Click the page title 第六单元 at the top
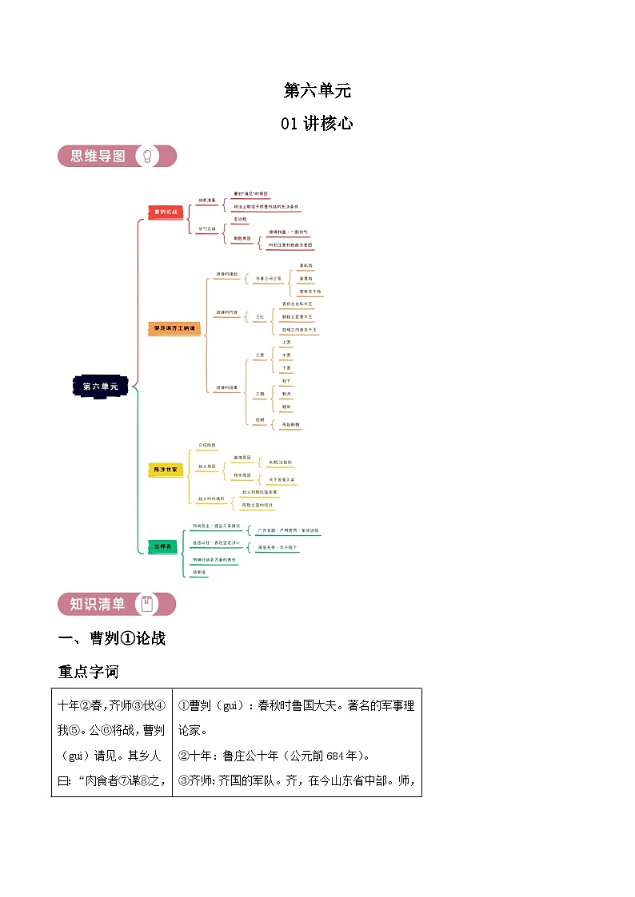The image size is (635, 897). point(317,90)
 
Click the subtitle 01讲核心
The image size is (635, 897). point(317,123)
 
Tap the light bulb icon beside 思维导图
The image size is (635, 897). point(149,156)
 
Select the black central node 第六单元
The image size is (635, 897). point(100,386)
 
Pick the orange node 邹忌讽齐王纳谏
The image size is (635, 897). point(173,328)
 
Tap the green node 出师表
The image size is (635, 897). point(162,546)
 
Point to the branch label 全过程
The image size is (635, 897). point(241,218)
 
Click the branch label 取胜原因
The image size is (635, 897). point(242,238)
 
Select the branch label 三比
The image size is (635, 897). point(259,316)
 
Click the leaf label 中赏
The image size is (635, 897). point(286,355)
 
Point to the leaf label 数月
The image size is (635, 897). point(286,395)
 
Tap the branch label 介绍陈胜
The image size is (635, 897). point(207,444)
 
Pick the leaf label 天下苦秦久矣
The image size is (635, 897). point(282,479)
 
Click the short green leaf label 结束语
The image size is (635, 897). point(198,572)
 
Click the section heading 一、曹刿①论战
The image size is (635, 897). point(112,638)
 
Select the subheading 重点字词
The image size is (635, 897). point(88,672)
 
